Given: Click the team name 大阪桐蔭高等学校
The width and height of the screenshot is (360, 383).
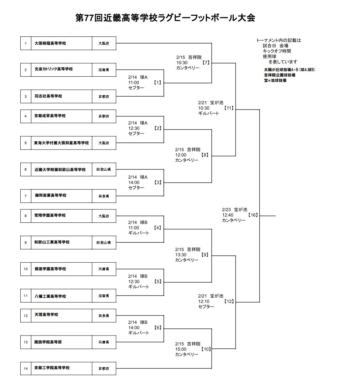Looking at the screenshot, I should (x=50, y=44).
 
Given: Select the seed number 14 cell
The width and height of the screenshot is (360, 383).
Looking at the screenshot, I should (x=26, y=368).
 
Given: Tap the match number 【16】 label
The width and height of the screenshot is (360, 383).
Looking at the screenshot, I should (x=253, y=215).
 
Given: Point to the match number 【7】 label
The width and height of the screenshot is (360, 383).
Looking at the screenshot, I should (x=206, y=62).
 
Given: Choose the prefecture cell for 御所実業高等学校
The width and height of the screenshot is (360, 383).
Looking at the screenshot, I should (x=104, y=196).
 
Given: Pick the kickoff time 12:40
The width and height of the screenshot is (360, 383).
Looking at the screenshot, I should (x=228, y=215).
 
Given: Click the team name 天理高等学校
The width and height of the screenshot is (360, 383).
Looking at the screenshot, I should (x=46, y=315).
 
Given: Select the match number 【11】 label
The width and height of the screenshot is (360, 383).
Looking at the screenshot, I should (x=229, y=108).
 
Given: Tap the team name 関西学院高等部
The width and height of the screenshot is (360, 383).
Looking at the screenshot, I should (x=48, y=342).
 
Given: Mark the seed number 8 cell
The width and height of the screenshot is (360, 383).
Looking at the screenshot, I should (x=26, y=216).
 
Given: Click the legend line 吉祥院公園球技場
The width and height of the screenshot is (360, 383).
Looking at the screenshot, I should (x=279, y=75).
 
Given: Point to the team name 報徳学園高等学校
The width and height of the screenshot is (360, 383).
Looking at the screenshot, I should (x=50, y=269).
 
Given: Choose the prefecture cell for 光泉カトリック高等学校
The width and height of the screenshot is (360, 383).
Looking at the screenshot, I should (x=104, y=70).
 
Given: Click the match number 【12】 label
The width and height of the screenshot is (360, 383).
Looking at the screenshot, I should (x=229, y=301).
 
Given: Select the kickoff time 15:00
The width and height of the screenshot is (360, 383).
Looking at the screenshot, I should (x=181, y=349).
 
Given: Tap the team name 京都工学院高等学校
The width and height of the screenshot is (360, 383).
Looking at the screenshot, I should (x=52, y=368).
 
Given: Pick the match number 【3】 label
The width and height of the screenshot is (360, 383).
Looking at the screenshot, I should (x=158, y=182).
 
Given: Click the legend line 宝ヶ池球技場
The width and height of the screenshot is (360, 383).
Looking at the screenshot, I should (x=275, y=80).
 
